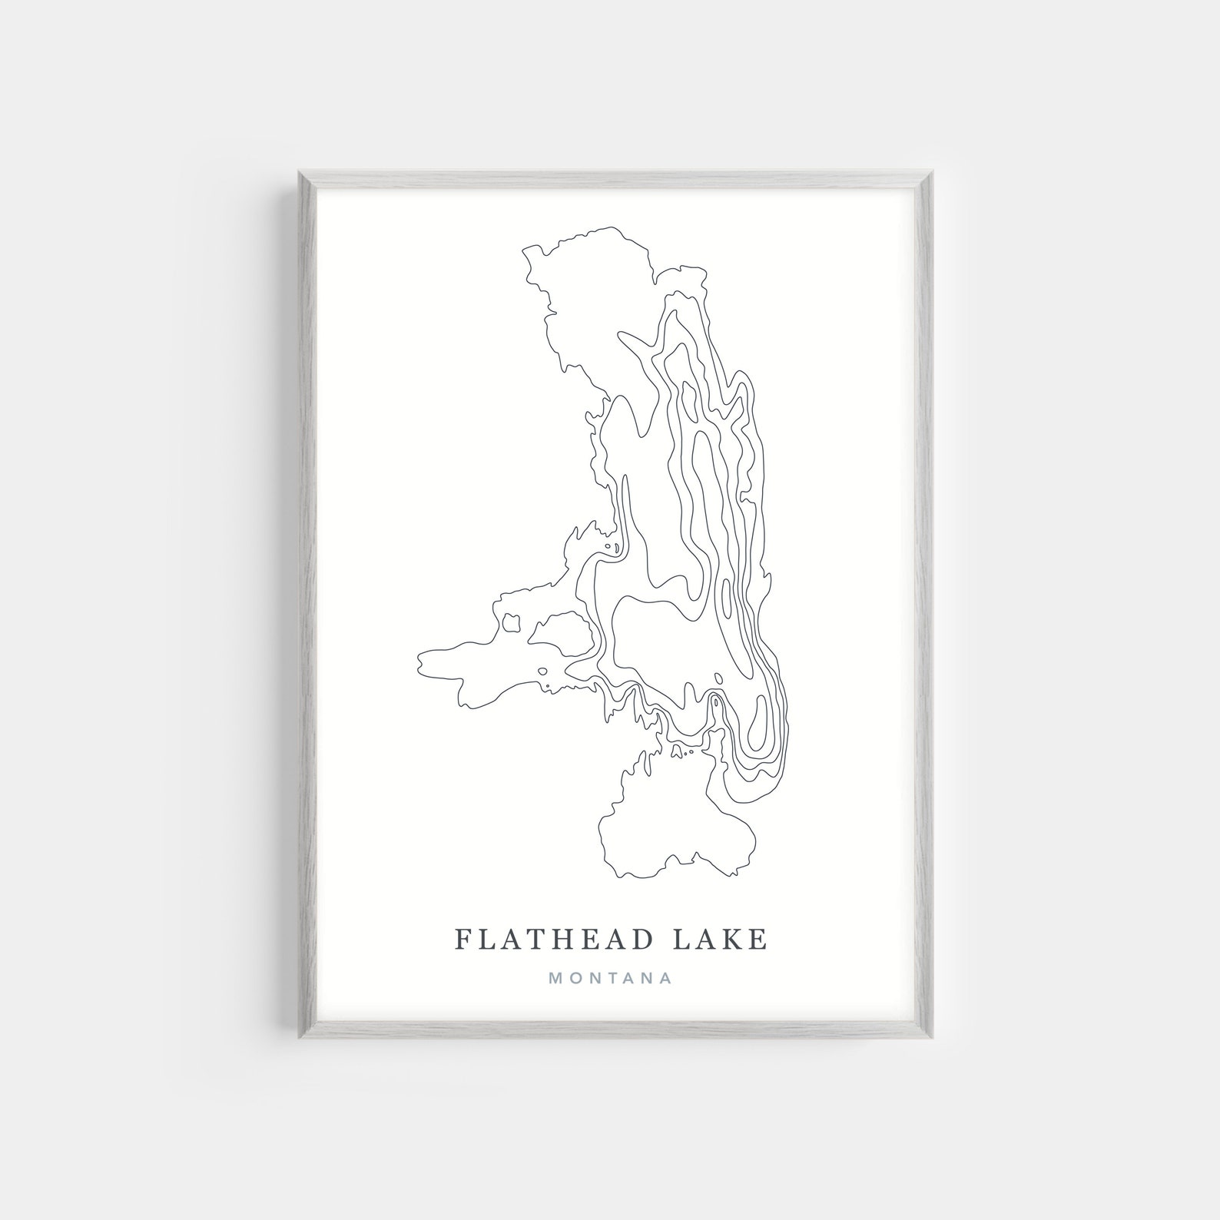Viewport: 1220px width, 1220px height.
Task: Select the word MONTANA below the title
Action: (611, 979)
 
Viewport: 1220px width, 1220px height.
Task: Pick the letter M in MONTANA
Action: (555, 979)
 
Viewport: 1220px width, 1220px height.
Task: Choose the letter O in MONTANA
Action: (575, 979)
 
